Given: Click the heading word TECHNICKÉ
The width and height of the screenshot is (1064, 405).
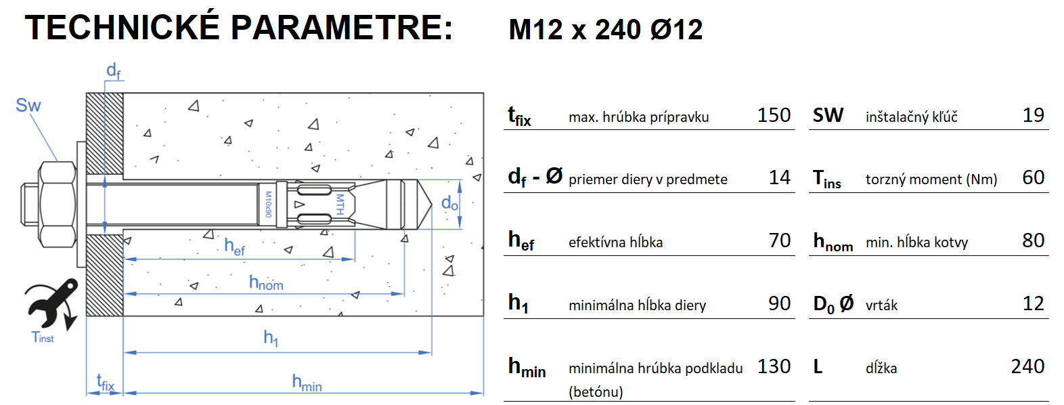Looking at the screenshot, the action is coord(123,28).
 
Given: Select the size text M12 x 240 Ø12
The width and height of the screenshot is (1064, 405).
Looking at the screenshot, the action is coord(605,30).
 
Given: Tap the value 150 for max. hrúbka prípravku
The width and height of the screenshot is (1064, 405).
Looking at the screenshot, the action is coord(774,115).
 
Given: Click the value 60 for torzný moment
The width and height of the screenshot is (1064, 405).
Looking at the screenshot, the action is coord(1033,177).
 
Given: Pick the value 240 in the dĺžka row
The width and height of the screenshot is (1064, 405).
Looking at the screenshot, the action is coord(1027,366).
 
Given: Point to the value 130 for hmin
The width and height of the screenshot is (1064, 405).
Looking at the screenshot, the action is coord(774,366).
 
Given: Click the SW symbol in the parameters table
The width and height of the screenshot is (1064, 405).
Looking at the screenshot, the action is coord(828,115).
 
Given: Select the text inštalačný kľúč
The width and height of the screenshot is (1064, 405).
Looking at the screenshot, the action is coord(911,117).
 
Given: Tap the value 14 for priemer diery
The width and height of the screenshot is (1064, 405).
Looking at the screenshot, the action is coord(779,177).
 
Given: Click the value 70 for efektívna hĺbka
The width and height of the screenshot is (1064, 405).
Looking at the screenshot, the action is coord(779,240).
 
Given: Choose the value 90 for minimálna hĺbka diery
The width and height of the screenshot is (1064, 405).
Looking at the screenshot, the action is coord(779,303).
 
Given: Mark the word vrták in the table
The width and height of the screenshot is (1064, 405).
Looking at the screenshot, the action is coord(881,305).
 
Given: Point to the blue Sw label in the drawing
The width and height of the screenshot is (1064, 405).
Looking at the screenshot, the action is coord(28,106).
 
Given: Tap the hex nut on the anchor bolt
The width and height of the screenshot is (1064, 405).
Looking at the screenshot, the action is coord(57,204).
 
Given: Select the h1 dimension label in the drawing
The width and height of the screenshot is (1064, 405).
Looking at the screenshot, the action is coord(271,337).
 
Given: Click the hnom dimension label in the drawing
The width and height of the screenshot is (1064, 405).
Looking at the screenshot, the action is coord(266,282).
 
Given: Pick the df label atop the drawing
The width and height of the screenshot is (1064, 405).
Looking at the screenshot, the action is coord(114,70).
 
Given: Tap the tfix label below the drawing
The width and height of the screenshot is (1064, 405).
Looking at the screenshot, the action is coord(105,383).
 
